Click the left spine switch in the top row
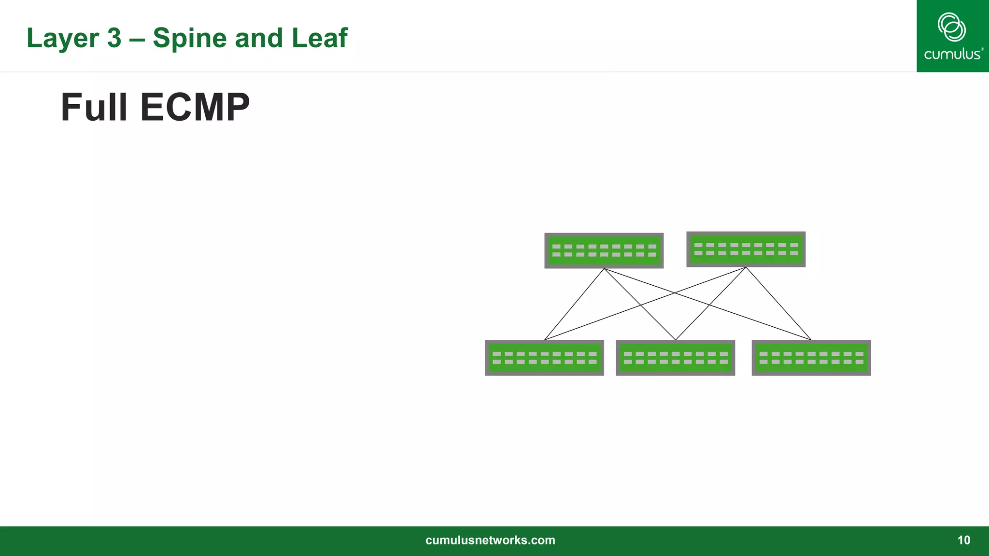604,250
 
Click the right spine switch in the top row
746,249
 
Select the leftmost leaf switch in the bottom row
544,358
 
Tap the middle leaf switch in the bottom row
675,358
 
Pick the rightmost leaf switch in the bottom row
811,358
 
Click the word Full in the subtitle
94,107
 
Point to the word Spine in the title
190,39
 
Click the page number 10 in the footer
963,540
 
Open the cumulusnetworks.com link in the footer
490,540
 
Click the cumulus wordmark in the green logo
953,54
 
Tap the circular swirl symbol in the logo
951,27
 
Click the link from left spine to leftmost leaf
574,304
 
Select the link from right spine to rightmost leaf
778,304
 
